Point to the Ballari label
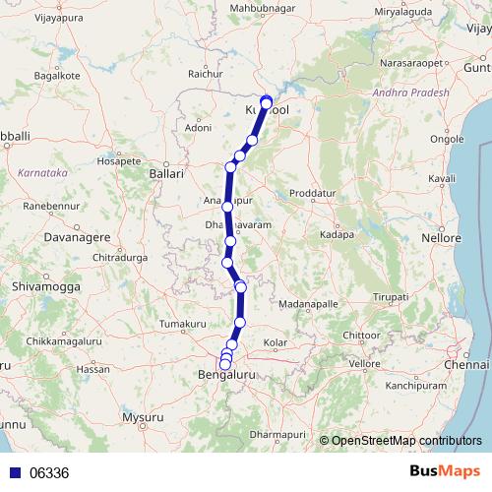coord(165,173)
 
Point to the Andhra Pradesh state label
coord(410,92)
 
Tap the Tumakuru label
coord(184,323)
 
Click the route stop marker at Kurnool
coord(266,101)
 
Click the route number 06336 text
coord(49,472)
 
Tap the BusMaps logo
coord(450,471)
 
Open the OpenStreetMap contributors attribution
coord(406,440)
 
